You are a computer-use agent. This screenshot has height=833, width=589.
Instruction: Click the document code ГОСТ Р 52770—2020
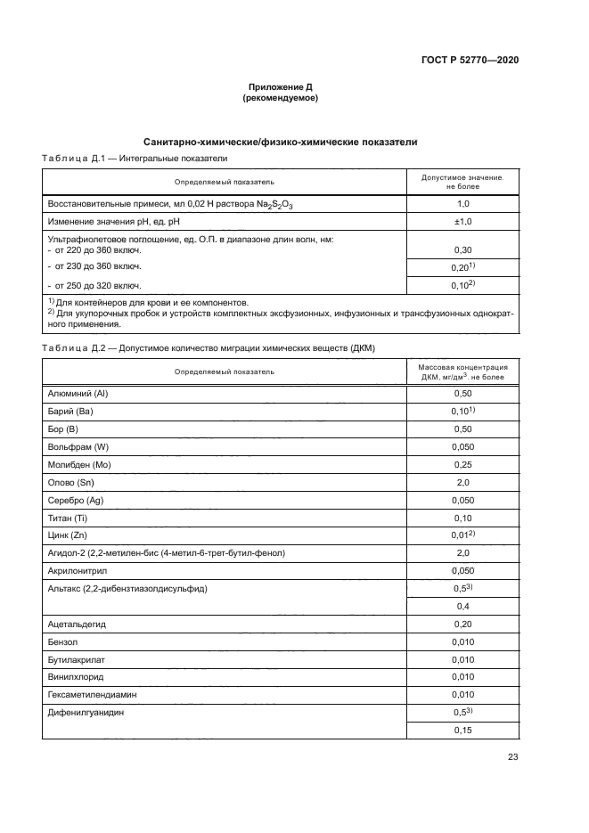469,60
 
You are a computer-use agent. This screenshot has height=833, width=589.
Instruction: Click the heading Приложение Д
280,87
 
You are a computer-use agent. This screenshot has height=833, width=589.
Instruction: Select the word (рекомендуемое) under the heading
280,98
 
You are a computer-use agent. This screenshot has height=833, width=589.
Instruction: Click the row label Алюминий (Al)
77,393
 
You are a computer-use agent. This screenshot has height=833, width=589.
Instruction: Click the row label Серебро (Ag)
76,500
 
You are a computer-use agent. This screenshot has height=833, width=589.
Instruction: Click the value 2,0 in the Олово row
462,482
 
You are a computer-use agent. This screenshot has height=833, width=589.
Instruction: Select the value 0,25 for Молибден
462,464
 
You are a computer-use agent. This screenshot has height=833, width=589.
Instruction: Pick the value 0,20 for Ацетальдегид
462,625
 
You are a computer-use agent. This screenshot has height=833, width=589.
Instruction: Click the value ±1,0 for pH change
462,221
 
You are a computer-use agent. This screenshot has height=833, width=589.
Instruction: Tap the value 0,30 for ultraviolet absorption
462,250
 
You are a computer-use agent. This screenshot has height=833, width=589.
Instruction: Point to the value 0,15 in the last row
462,731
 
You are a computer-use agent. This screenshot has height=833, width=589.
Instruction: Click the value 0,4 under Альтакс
462,607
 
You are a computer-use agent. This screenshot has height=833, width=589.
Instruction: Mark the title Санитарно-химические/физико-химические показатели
280,142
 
